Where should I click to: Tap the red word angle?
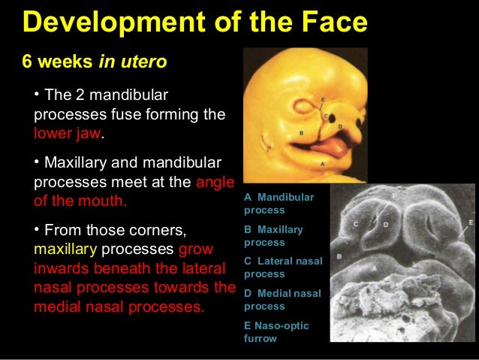215,183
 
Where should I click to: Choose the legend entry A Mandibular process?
279,204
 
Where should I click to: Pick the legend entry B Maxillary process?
273,236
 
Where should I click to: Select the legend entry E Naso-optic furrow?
276,331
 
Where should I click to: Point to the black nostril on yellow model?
329,115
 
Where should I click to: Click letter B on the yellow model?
301,132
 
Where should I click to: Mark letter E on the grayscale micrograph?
470,223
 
